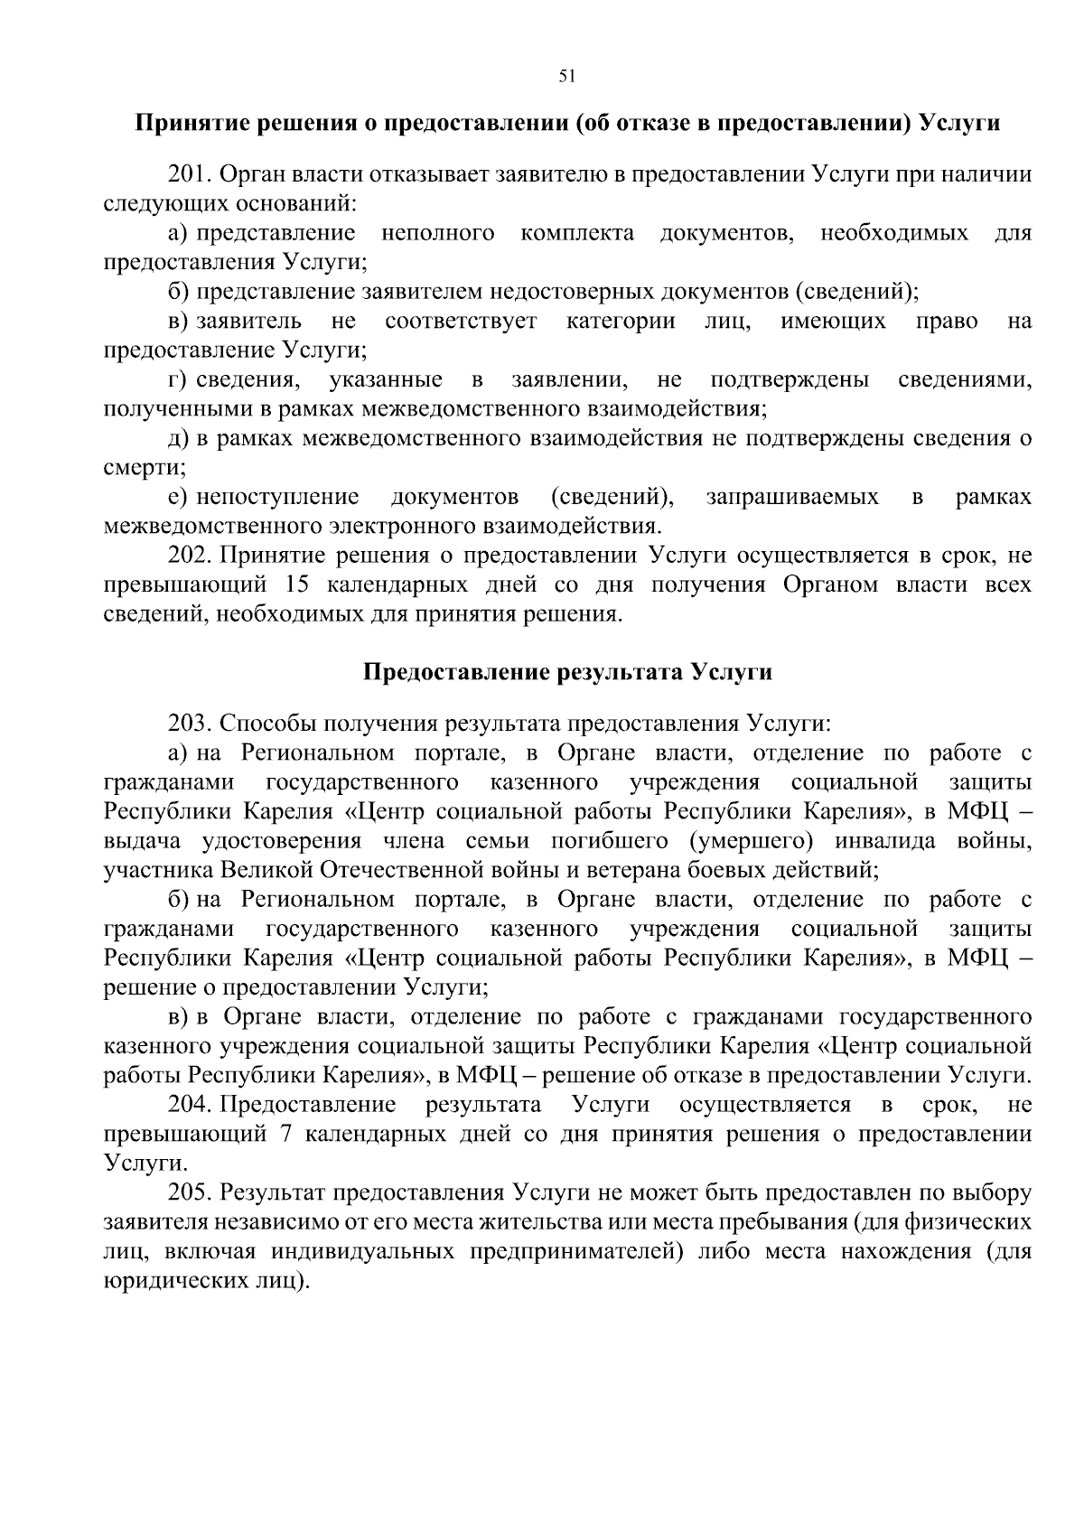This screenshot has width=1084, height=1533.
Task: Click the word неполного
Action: click(x=437, y=233)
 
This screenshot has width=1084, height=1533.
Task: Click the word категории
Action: click(x=620, y=322)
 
